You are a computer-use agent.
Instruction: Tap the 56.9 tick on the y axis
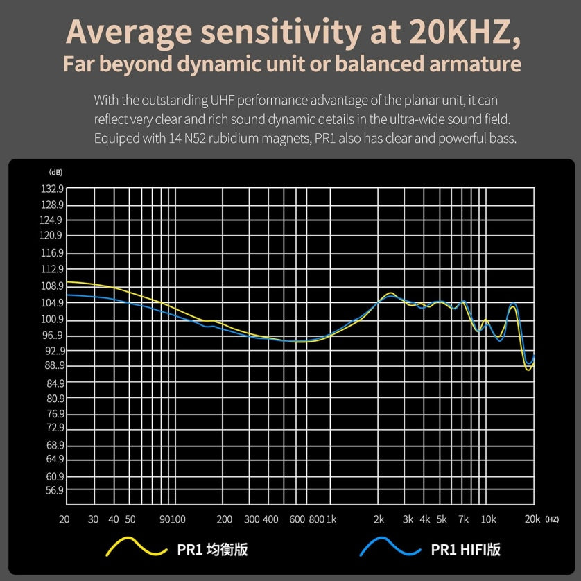55,490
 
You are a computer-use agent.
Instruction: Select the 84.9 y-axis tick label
55,383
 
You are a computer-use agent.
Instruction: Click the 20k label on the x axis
532,519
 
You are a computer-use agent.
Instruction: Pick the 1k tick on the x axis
331,519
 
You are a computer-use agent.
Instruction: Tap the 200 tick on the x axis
224,519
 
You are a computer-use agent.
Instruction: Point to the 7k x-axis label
464,519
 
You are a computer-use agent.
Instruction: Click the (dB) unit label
55,172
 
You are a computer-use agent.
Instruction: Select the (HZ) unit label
552,519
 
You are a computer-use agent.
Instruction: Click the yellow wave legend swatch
136,548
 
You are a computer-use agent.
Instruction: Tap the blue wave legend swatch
390,548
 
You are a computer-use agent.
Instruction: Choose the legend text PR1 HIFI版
465,550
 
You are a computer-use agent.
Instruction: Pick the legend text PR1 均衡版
212,550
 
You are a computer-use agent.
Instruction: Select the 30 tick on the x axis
93,519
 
